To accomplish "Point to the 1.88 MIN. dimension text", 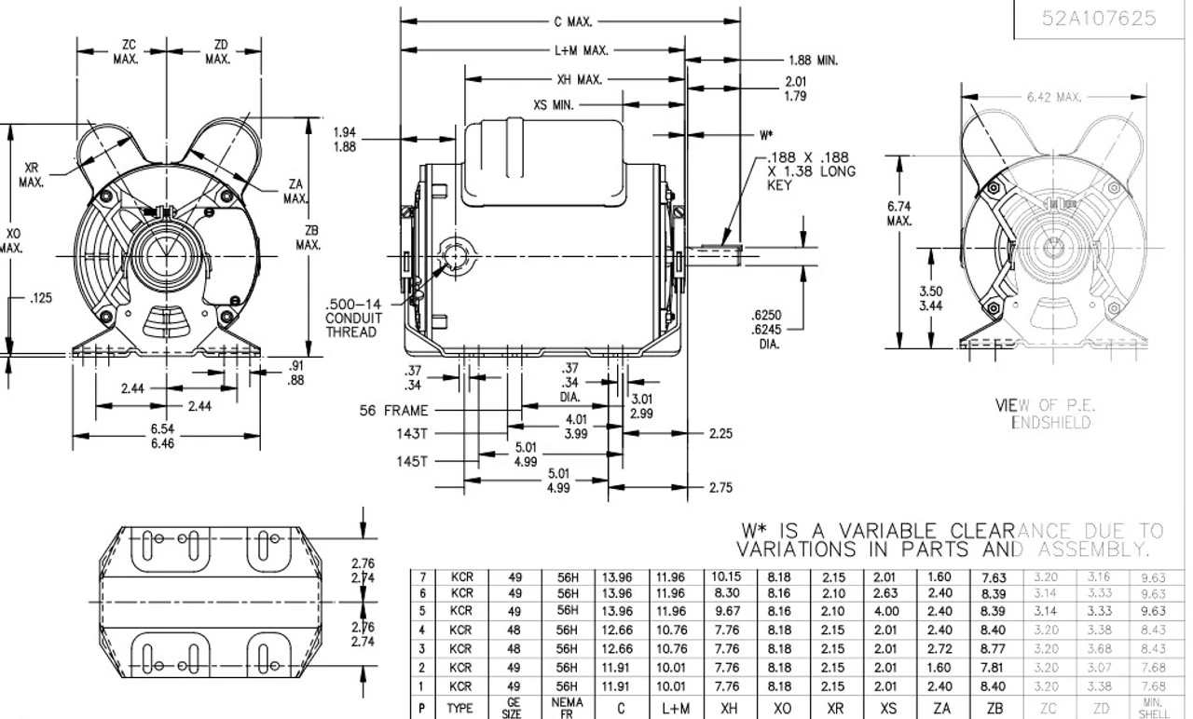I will click(813, 61).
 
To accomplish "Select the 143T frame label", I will click(410, 434).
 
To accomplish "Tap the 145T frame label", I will click(410, 460).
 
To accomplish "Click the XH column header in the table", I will click(730, 709).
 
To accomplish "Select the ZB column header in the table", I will click(994, 709).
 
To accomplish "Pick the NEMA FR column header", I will click(568, 709).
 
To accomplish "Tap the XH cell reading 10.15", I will click(730, 577).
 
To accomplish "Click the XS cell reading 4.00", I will click(887, 612).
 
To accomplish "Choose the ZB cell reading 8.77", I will click(994, 648).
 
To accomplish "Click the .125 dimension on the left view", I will click(40, 299).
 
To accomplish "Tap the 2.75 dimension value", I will click(720, 487).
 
